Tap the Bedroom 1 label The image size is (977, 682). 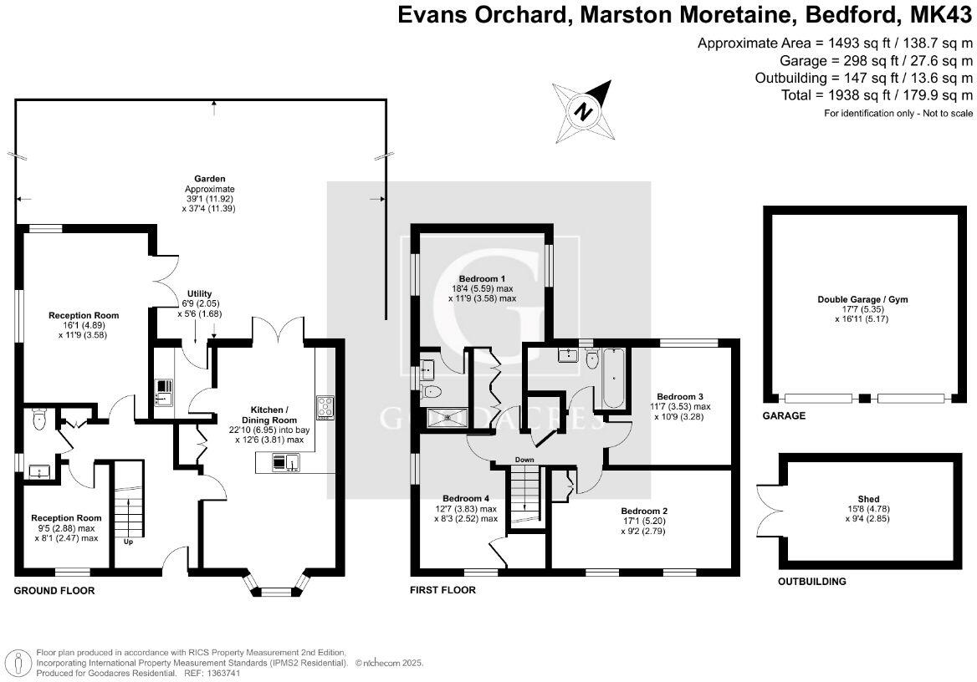[483, 278]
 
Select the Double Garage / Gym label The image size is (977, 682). [862, 299]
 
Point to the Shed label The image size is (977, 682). [868, 499]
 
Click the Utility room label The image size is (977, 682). [199, 294]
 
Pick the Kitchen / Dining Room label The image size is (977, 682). [269, 415]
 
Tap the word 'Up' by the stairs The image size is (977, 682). [128, 542]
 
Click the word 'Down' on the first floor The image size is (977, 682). [524, 460]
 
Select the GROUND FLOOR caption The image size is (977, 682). [54, 590]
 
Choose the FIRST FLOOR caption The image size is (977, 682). [442, 590]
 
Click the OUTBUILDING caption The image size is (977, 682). [811, 582]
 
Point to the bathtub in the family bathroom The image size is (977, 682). [613, 378]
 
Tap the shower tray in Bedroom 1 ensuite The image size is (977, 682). [447, 417]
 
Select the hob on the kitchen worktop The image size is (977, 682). [325, 407]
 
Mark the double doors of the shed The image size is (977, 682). [769, 499]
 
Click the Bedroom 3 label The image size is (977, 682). [680, 397]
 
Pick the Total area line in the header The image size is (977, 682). [877, 95]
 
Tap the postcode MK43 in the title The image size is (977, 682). [937, 15]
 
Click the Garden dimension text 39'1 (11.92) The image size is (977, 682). [210, 199]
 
